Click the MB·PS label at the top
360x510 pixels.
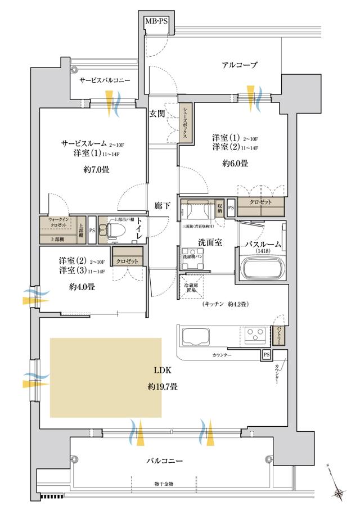pyautogui.click(x=156, y=21)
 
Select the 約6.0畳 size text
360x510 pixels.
pyautogui.click(x=235, y=164)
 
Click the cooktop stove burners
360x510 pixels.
pyautogui.click(x=256, y=336)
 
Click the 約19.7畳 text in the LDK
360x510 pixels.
pyautogui.click(x=163, y=386)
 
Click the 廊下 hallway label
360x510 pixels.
pyautogui.click(x=162, y=206)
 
